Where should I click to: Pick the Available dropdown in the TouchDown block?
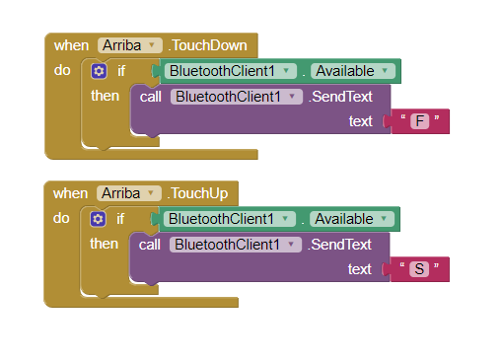click(354, 71)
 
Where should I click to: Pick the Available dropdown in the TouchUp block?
click(354, 219)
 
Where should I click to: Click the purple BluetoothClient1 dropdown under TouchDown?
click(237, 97)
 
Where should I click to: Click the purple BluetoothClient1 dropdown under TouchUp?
click(237, 245)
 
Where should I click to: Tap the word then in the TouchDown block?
click(105, 96)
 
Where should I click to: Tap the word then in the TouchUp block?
click(105, 244)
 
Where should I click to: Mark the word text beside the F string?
click(360, 121)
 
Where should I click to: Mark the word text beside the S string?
click(360, 269)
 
